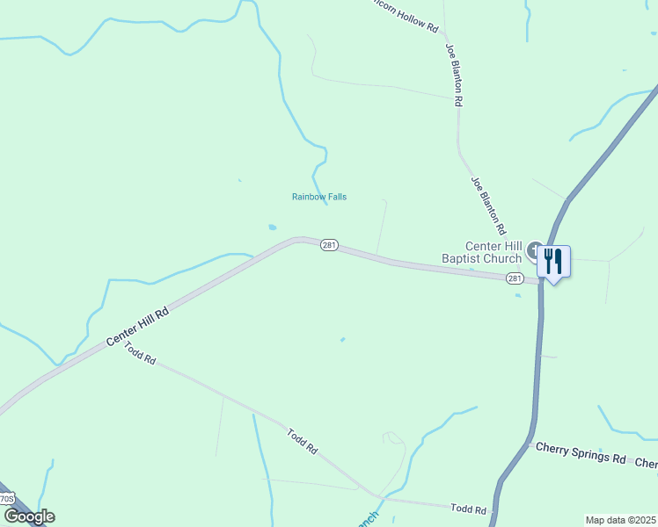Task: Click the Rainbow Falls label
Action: click(x=319, y=197)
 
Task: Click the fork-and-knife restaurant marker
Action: click(x=552, y=261)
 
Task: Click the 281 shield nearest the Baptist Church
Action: click(x=515, y=278)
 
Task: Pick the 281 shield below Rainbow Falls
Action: click(x=328, y=245)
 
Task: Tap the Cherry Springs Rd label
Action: click(x=581, y=459)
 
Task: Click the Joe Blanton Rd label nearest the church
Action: click(x=488, y=206)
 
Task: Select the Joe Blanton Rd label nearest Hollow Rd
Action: click(x=454, y=75)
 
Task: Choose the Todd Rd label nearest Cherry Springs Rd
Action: click(x=468, y=509)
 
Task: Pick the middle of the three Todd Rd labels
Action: click(x=302, y=440)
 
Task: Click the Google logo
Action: click(x=29, y=516)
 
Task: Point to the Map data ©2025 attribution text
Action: click(x=620, y=520)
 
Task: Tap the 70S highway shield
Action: click(x=6, y=499)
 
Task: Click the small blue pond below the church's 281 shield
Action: click(x=518, y=295)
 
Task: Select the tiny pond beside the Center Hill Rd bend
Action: click(x=272, y=227)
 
